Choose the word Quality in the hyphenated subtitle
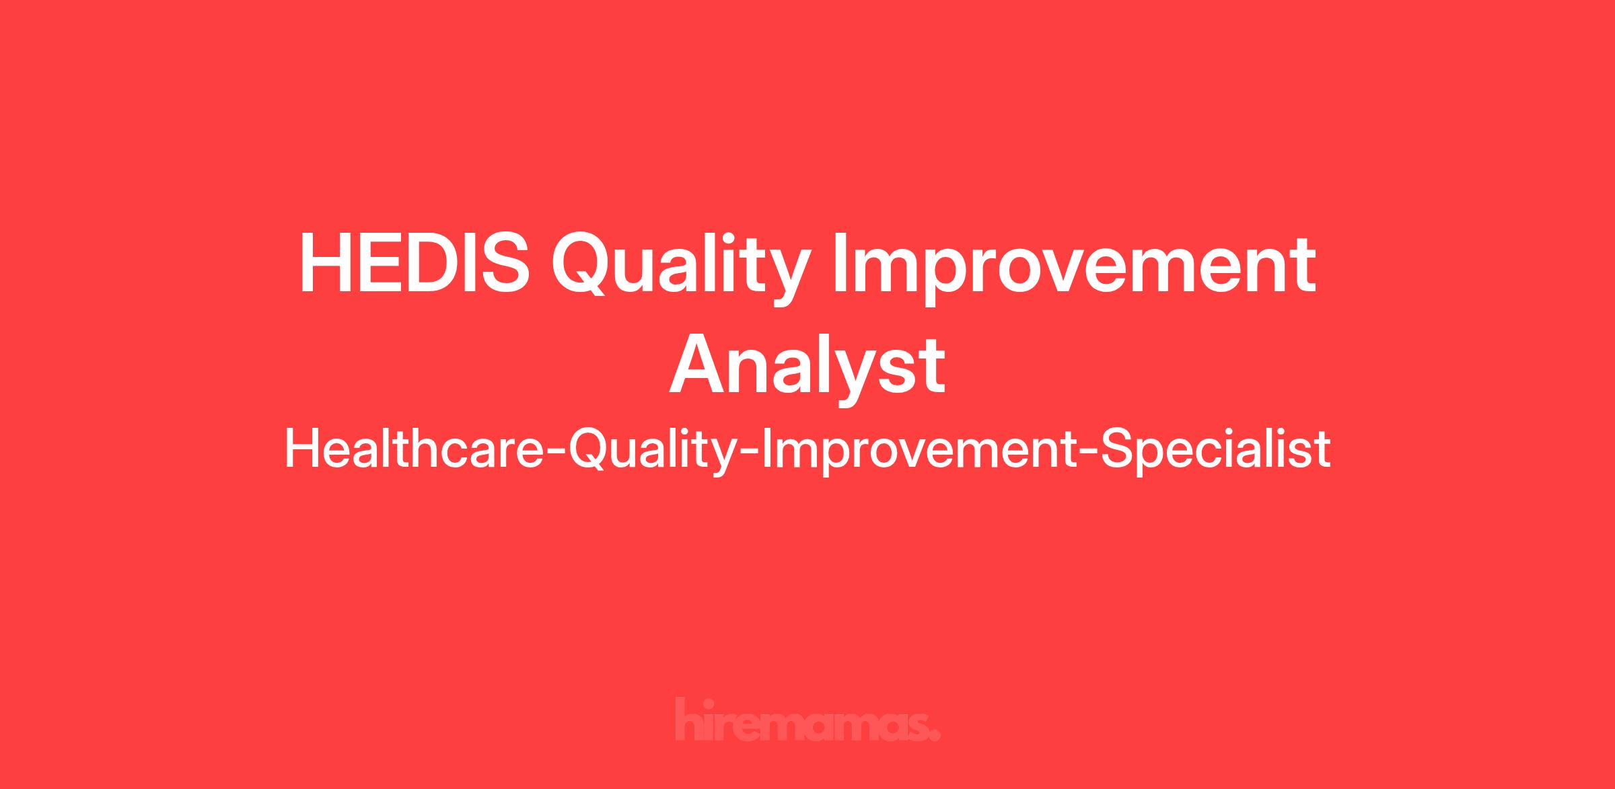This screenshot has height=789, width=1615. (653, 451)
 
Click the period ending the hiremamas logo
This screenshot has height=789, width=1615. (934, 735)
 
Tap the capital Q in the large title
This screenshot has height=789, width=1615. (583, 265)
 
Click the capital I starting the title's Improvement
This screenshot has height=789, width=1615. (840, 264)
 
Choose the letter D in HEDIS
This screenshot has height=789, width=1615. (431, 264)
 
